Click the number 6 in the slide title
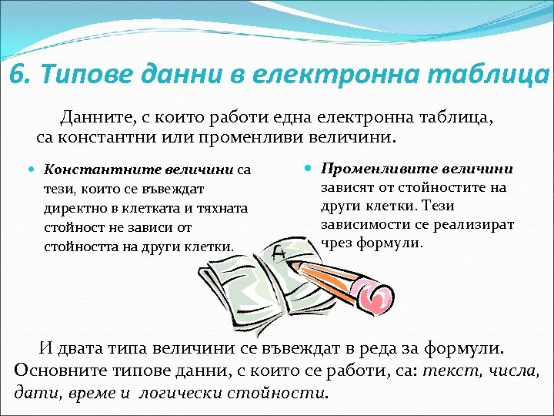coord(17,75)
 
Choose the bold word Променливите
coord(368,169)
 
